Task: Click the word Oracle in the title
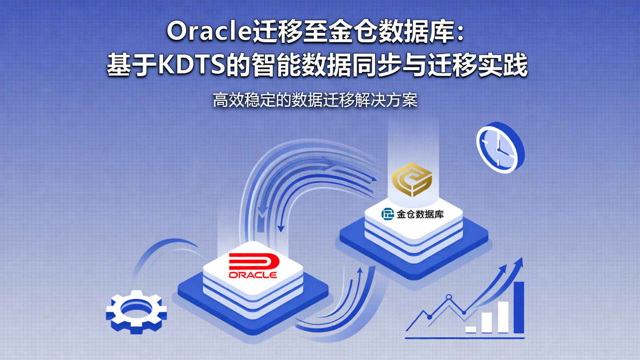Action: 209,32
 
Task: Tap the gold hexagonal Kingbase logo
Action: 412,179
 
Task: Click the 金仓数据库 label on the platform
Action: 420,215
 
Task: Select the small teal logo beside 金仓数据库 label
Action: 388,214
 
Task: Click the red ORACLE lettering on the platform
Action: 253,275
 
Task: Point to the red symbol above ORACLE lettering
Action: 253,262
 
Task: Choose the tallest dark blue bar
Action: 519,307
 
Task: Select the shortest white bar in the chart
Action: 471,329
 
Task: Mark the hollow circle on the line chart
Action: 449,297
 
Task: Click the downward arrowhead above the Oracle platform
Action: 280,228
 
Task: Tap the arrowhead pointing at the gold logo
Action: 373,179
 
